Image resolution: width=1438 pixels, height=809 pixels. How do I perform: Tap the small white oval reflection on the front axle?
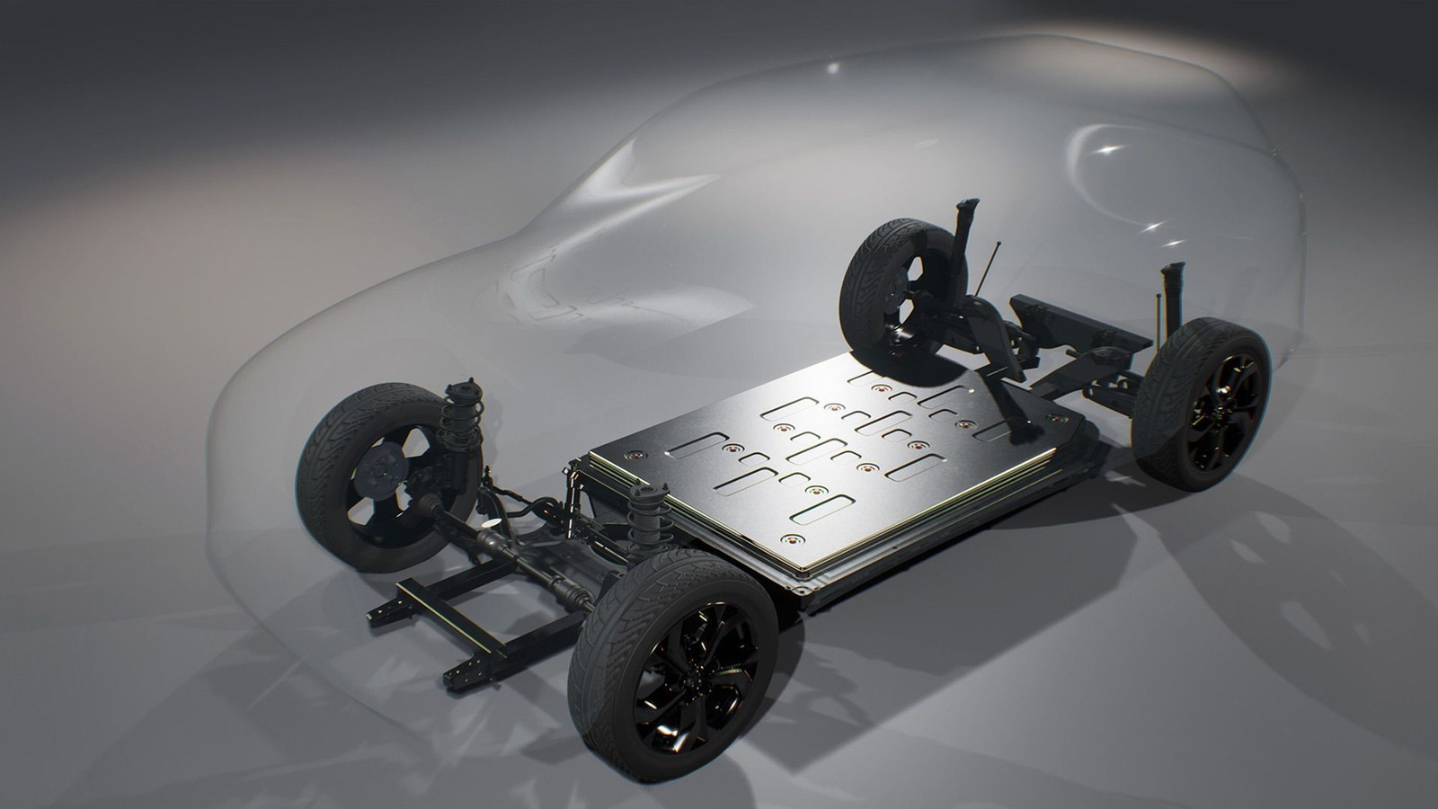pyautogui.click(x=491, y=522)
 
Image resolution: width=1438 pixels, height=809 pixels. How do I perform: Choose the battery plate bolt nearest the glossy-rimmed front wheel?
pyautogui.click(x=790, y=539)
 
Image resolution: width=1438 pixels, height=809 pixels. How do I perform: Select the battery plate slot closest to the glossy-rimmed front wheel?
pyautogui.click(x=821, y=510)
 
